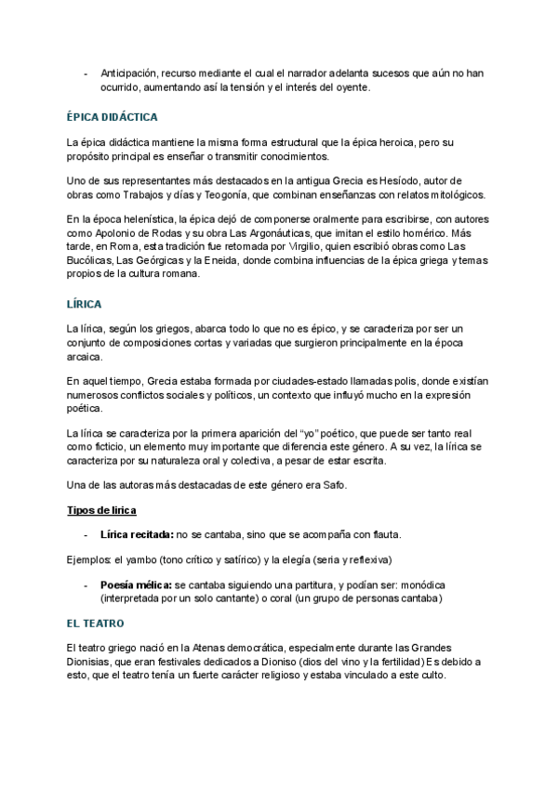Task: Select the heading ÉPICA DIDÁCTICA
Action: tap(113, 117)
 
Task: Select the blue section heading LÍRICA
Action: tap(85, 304)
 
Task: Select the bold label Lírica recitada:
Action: tap(137, 535)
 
